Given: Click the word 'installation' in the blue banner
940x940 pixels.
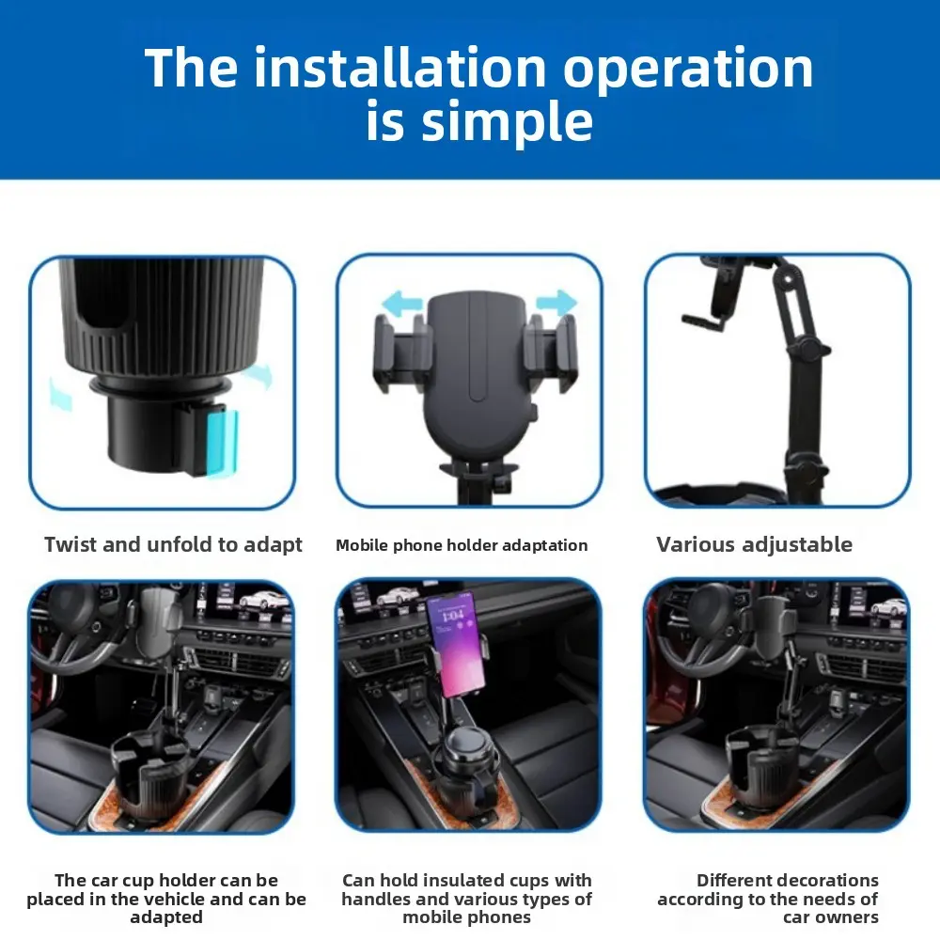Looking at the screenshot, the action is [399, 67].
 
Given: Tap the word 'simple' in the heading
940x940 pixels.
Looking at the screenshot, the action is [508, 121].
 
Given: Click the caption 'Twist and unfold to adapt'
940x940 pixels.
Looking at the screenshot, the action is [173, 544].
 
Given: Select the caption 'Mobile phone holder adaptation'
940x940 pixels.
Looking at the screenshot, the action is [462, 545].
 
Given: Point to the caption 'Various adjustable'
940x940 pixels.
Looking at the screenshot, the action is [754, 544].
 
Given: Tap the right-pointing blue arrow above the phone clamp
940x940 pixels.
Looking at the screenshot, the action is [556, 302].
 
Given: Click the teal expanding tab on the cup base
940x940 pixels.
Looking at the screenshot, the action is [221, 443].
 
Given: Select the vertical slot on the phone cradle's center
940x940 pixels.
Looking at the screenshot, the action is [478, 348].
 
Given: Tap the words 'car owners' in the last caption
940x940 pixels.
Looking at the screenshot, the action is [830, 917].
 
